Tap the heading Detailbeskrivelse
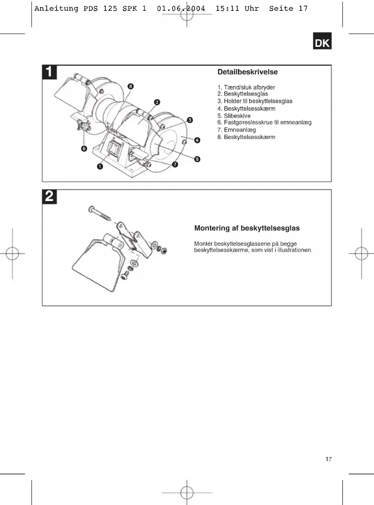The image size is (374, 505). pyautogui.click(x=248, y=72)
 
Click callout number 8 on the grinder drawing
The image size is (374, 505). pyautogui.click(x=131, y=86)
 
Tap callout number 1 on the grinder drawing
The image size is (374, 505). pyautogui.click(x=100, y=167)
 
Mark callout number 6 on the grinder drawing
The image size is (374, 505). pyautogui.click(x=84, y=149)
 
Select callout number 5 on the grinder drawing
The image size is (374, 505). pyautogui.click(x=198, y=159)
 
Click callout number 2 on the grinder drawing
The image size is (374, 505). pyautogui.click(x=157, y=102)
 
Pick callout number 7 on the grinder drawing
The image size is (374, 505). pyautogui.click(x=175, y=164)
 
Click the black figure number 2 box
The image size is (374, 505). pyautogui.click(x=50, y=197)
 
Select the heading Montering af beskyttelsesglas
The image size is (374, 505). pyautogui.click(x=247, y=229)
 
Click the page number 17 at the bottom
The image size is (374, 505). pyautogui.click(x=329, y=459)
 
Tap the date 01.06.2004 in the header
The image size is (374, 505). pyautogui.click(x=181, y=9)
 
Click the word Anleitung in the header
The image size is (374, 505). pyautogui.click(x=51, y=9)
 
